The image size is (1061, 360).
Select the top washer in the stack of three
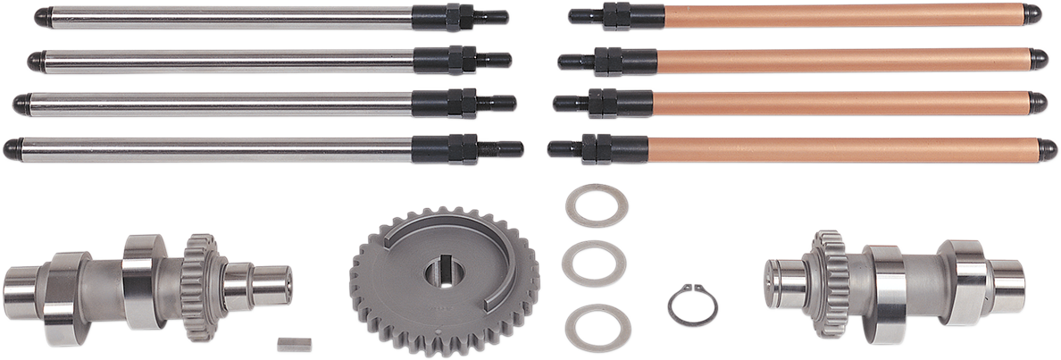click(597, 205)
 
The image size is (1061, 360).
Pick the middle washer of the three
click(594, 264)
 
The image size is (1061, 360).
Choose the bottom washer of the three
click(597, 327)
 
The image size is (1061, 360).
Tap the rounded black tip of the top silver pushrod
click(40, 17)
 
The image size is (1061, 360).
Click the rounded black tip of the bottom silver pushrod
click(11, 148)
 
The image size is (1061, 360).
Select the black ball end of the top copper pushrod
click(1032, 14)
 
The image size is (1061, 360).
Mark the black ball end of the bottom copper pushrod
click(1048, 149)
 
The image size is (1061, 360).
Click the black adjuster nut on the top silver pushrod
click(455, 17)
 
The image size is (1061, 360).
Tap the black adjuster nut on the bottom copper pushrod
click(590, 149)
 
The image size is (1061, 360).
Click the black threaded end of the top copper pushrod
click(584, 15)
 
